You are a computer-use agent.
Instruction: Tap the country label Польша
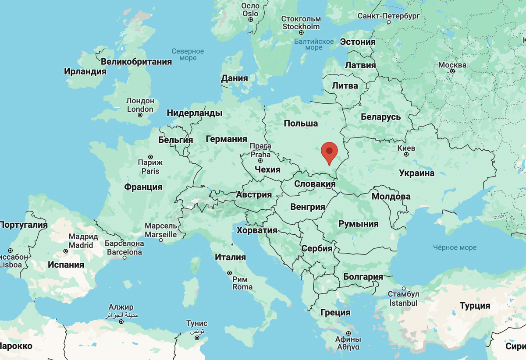tap(301, 123)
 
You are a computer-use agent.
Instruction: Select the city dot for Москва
tap(452, 71)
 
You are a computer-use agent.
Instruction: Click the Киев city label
tap(406, 148)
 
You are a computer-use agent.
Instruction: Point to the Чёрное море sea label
tap(455, 247)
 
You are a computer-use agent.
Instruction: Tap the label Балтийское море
tap(314, 44)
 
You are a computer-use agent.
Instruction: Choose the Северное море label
tap(188, 54)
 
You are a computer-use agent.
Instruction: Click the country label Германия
tap(227, 139)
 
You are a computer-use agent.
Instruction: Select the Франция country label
tap(143, 187)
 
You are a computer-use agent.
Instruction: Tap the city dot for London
tap(140, 115)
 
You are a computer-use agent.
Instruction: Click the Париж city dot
tap(150, 157)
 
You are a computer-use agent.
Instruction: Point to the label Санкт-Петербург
tap(389, 16)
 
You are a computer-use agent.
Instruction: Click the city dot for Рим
tap(230, 273)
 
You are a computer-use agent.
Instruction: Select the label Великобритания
tap(136, 62)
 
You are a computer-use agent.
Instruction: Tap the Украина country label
tap(416, 173)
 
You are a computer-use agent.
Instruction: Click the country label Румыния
tap(358, 224)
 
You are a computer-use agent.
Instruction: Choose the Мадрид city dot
tap(66, 251)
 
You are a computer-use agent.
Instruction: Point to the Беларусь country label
tap(380, 117)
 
